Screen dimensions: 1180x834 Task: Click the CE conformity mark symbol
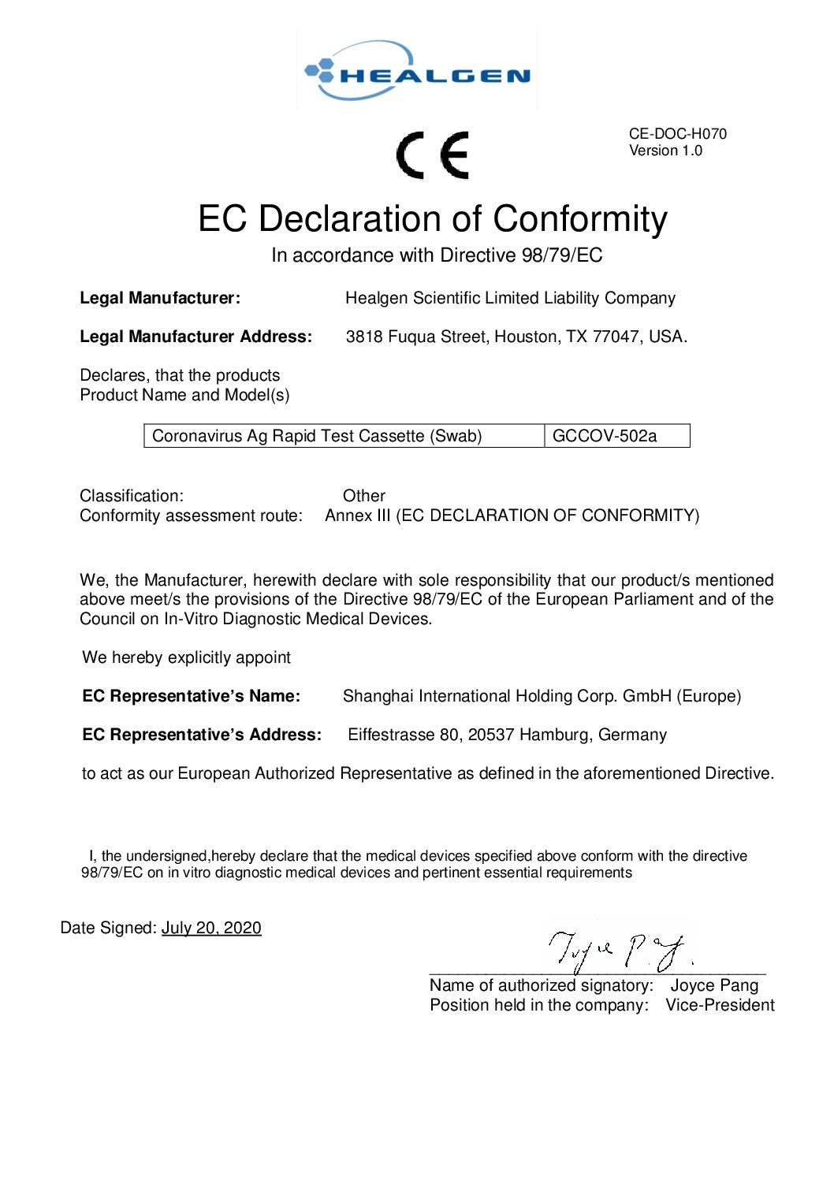pyautogui.click(x=433, y=154)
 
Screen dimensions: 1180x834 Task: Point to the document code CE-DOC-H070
pyautogui.click(x=677, y=134)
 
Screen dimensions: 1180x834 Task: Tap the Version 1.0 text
pyautogui.click(x=665, y=151)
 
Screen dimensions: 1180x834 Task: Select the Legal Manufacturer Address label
pyautogui.click(x=195, y=337)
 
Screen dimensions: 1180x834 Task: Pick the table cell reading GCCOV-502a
pyautogui.click(x=605, y=436)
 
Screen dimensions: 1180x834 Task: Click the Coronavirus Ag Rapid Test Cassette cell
pyautogui.click(x=317, y=436)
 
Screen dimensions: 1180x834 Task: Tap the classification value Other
pyautogui.click(x=364, y=496)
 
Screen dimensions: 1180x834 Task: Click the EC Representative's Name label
pyautogui.click(x=192, y=696)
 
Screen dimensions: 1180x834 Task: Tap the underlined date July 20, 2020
pyautogui.click(x=211, y=928)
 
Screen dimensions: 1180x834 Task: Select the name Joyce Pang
pyautogui.click(x=714, y=985)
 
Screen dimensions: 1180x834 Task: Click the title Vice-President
pyautogui.click(x=720, y=1005)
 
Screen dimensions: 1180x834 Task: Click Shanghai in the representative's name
pyautogui.click(x=378, y=696)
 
